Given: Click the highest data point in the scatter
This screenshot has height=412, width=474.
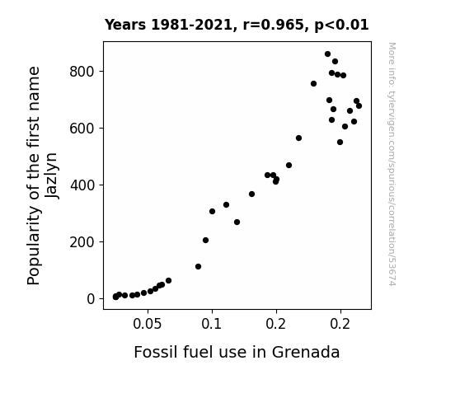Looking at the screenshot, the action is (327, 54).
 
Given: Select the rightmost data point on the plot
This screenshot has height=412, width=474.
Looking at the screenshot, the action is (359, 105).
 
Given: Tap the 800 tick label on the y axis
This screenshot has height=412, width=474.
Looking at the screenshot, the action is (82, 72).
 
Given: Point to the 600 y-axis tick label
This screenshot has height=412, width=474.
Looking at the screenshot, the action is (82, 129).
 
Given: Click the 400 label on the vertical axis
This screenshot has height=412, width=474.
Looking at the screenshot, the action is (82, 185).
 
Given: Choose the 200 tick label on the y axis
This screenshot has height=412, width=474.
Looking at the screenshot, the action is (82, 242).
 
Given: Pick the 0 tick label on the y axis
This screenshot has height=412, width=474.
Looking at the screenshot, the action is (91, 299).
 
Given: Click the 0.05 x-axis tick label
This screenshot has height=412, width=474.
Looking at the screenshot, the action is (148, 324).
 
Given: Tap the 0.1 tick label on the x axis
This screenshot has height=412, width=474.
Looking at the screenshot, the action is (212, 324).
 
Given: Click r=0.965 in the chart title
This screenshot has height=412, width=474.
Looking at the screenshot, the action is (274, 25).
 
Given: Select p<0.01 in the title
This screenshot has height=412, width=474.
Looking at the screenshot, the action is (341, 25).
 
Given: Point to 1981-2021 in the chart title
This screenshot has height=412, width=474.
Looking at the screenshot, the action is (191, 25).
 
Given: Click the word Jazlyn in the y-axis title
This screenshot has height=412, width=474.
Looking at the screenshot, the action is (51, 176).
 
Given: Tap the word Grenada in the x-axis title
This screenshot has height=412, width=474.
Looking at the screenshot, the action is (306, 352).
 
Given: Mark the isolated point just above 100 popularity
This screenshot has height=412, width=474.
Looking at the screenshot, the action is (198, 267).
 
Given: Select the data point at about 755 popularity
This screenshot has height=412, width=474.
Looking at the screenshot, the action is (313, 84).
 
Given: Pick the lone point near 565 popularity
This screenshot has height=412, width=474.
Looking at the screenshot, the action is (298, 138).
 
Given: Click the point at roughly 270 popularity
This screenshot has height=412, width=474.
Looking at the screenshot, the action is (237, 222).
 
